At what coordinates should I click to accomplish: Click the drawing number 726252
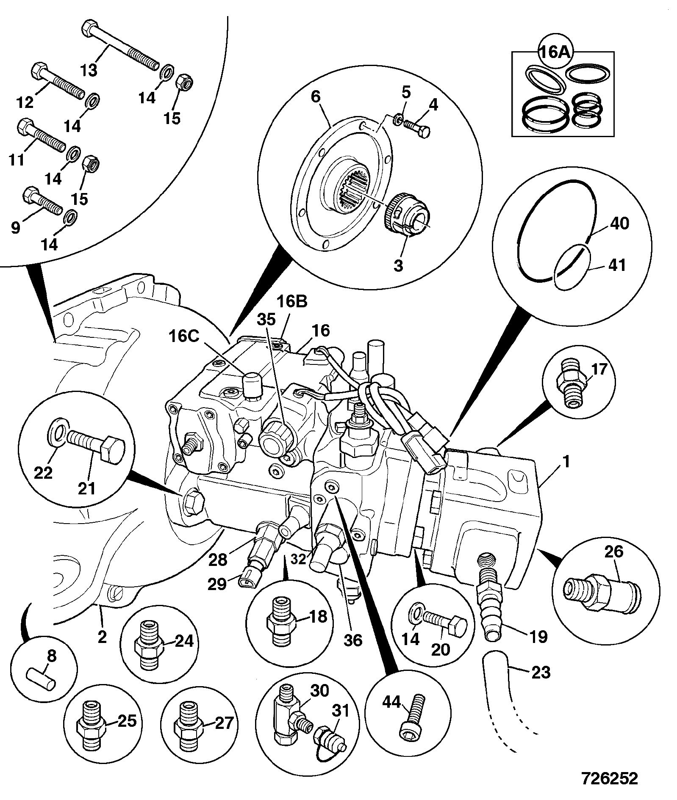click(x=609, y=778)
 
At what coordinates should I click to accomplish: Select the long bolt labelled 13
click(x=119, y=45)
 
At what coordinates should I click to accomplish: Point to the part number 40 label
click(x=619, y=223)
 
